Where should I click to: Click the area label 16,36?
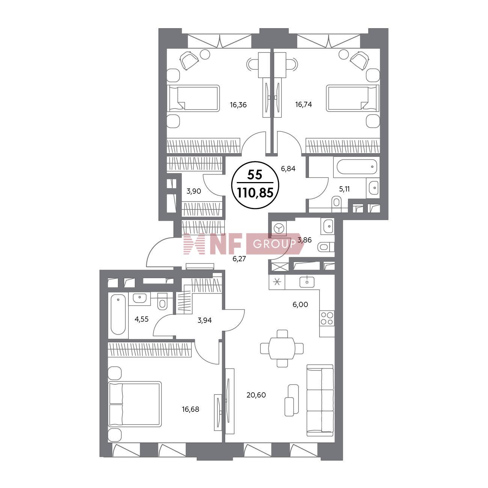238,105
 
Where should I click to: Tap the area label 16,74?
303,104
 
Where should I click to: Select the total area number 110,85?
255,193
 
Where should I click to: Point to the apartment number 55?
255,175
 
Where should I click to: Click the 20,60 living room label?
256,395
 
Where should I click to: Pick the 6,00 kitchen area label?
300,304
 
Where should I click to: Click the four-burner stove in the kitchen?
327,318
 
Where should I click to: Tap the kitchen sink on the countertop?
307,282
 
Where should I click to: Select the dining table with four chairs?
282,348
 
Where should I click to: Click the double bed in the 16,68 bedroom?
135,404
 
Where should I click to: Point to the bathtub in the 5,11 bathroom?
357,166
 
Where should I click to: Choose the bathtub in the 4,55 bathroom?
118,314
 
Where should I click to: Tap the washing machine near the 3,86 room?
279,229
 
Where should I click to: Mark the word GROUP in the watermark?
274,244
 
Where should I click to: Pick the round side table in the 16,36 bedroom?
205,54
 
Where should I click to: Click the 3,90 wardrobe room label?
194,191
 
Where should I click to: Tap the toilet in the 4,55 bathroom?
162,301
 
